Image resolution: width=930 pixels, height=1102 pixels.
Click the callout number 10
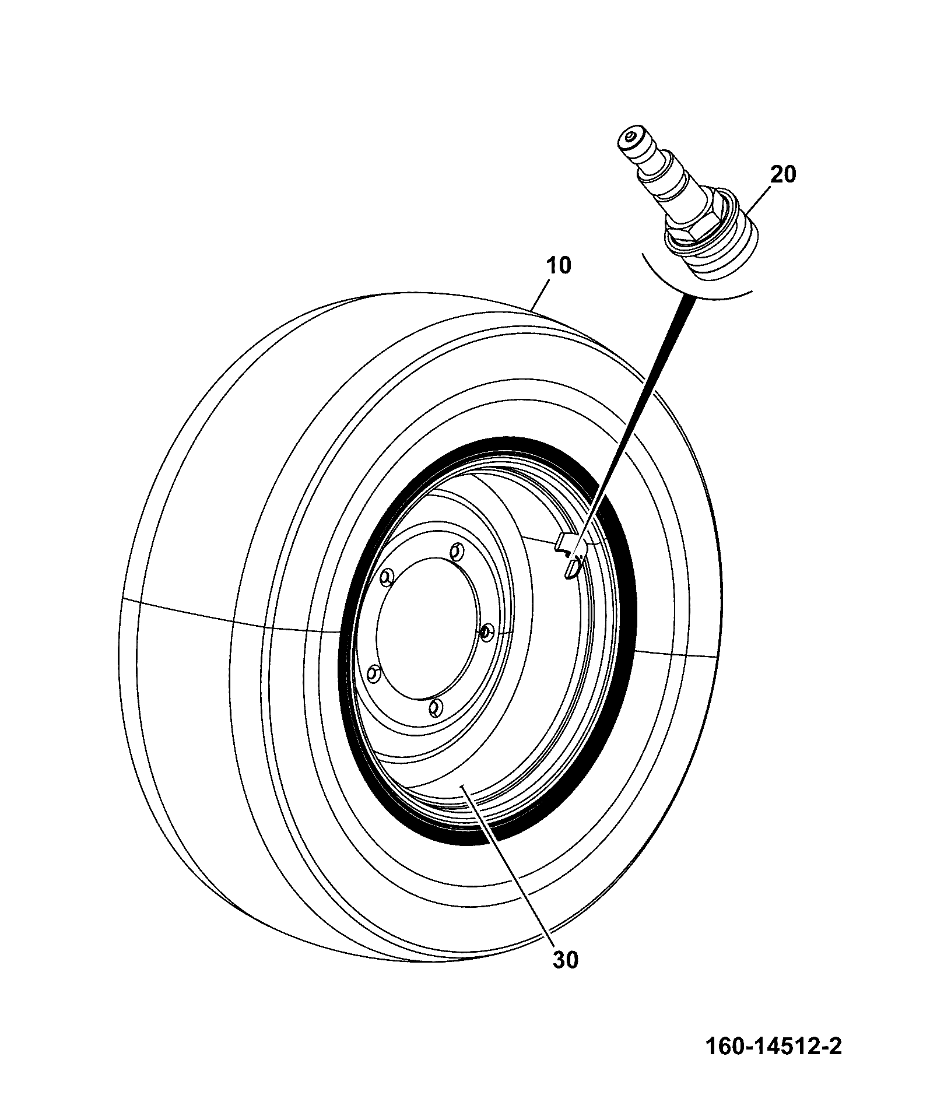559,266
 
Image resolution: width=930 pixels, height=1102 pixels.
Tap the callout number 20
782,174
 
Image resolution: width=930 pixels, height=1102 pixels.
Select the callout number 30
564,960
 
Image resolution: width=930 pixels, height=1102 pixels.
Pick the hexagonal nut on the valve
692,222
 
